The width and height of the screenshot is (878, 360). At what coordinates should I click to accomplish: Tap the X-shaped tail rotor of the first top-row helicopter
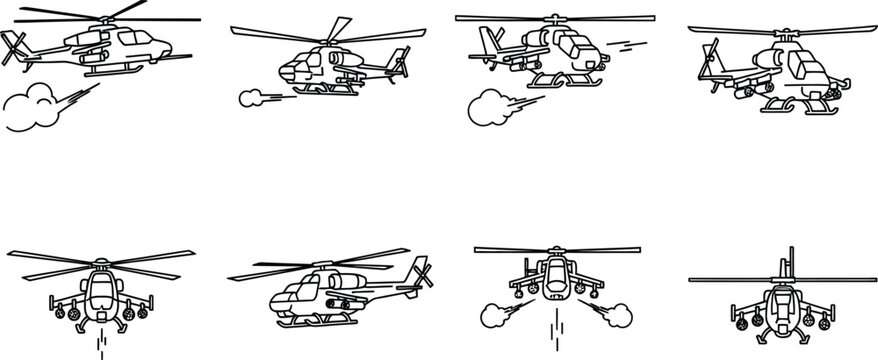click(14, 47)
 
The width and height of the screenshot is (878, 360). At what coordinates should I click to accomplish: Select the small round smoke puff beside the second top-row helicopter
click(249, 98)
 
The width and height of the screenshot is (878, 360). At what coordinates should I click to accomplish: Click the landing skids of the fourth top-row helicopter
click(800, 104)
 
